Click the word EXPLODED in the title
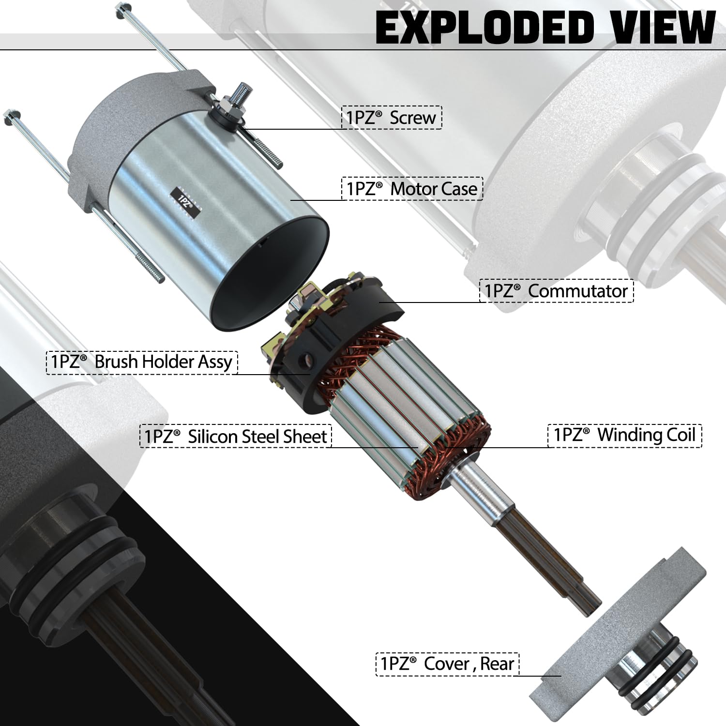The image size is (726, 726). [484, 28]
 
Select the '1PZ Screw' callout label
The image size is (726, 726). [392, 118]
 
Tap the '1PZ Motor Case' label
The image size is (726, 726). [412, 189]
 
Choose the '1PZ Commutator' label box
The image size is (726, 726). [556, 291]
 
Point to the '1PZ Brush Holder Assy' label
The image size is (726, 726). [142, 362]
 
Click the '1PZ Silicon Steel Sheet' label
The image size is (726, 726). [236, 436]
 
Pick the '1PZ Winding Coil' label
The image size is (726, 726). [624, 435]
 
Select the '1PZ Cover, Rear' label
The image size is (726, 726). [447, 664]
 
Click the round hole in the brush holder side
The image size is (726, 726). [306, 361]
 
